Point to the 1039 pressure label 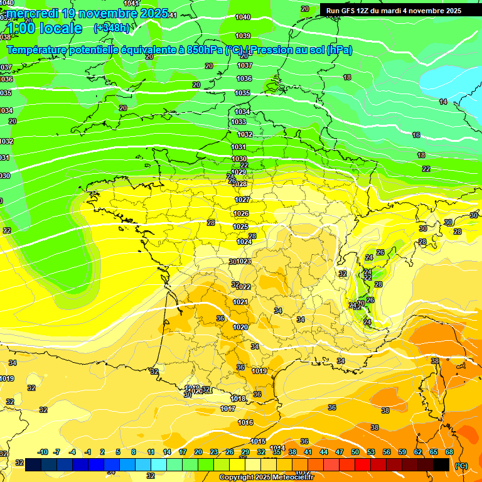pyautogui.click(x=244, y=36)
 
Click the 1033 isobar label pyautogui.click(x=239, y=122)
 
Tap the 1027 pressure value pyautogui.click(x=242, y=200)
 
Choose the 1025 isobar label pyautogui.click(x=240, y=227)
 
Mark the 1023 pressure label pyautogui.click(x=244, y=261)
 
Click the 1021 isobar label pyautogui.click(x=240, y=302)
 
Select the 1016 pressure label pyautogui.click(x=245, y=422)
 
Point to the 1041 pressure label pyautogui.click(x=131, y=3)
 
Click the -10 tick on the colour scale pyautogui.click(x=43, y=452)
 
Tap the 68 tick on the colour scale pyautogui.click(x=449, y=452)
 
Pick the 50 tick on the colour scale pyautogui.click(x=355, y=452)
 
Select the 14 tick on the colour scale pyautogui.click(x=167, y=452)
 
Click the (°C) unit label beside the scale pyautogui.click(x=461, y=465)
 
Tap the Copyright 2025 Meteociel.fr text pyautogui.click(x=266, y=478)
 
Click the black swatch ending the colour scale pyautogui.click(x=441, y=464)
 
